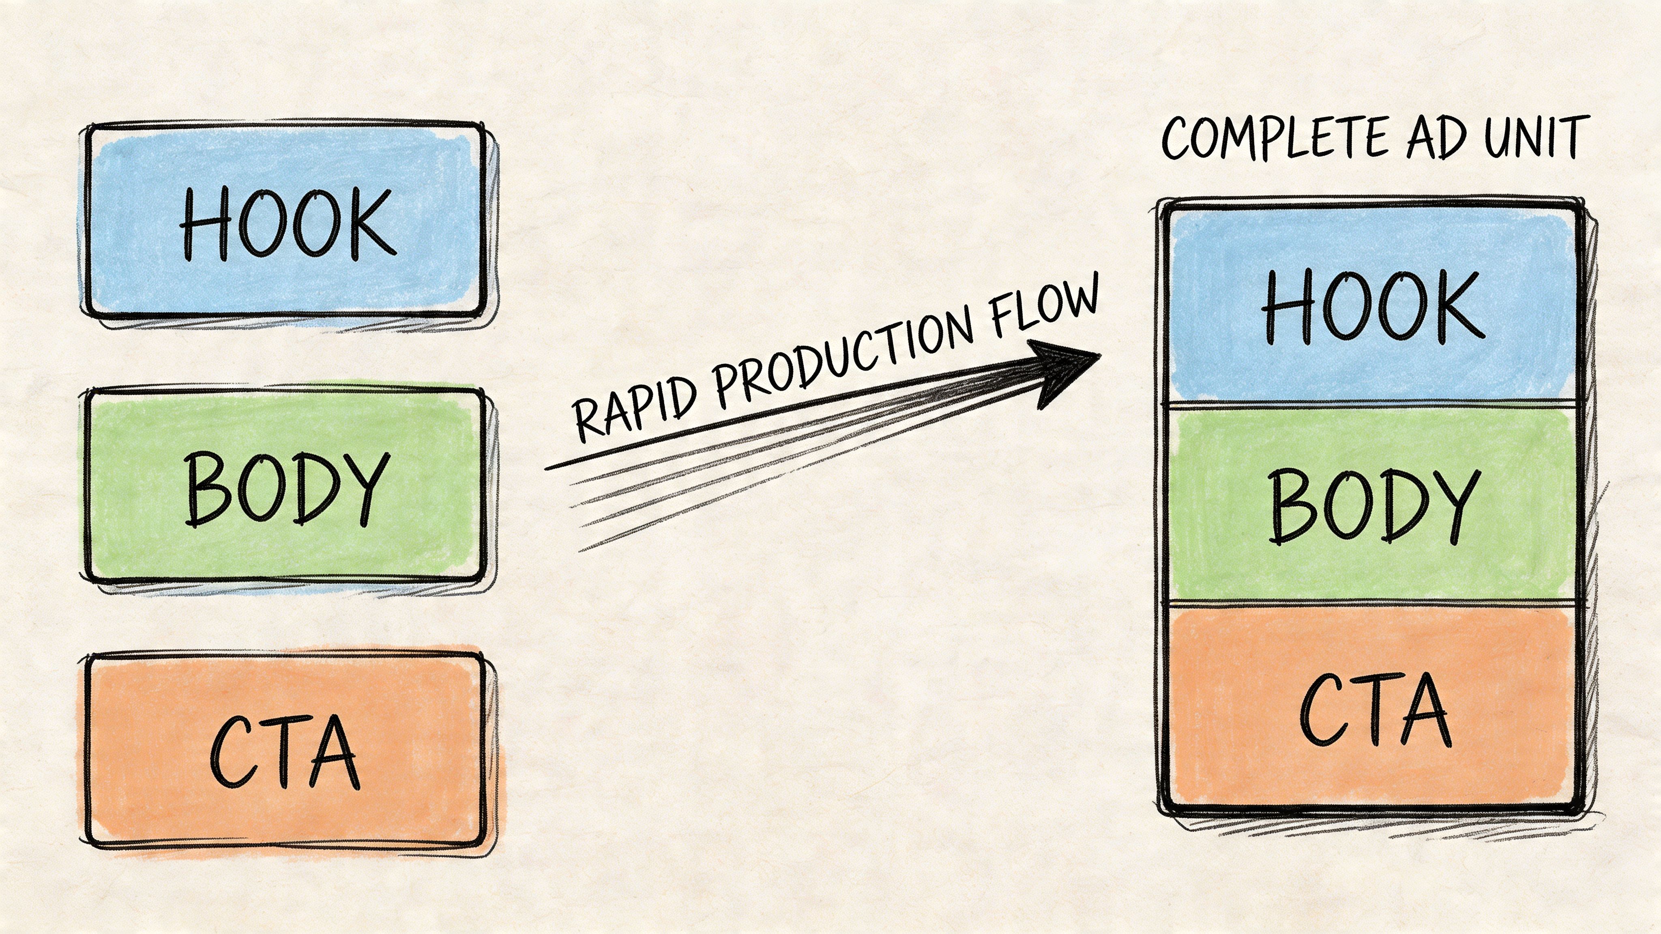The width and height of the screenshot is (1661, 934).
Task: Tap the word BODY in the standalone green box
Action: [287, 488]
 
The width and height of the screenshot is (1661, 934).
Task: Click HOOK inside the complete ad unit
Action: [1372, 306]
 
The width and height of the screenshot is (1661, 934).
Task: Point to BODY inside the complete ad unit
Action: [1373, 506]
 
